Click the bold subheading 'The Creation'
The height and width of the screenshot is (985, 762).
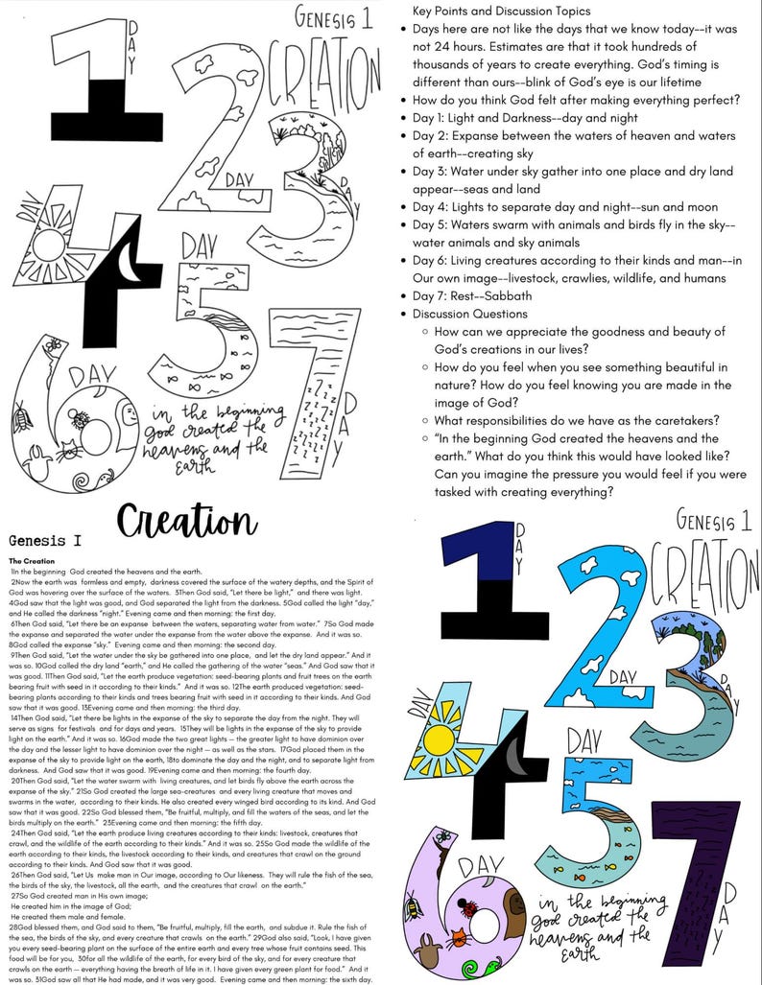pos(30,560)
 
